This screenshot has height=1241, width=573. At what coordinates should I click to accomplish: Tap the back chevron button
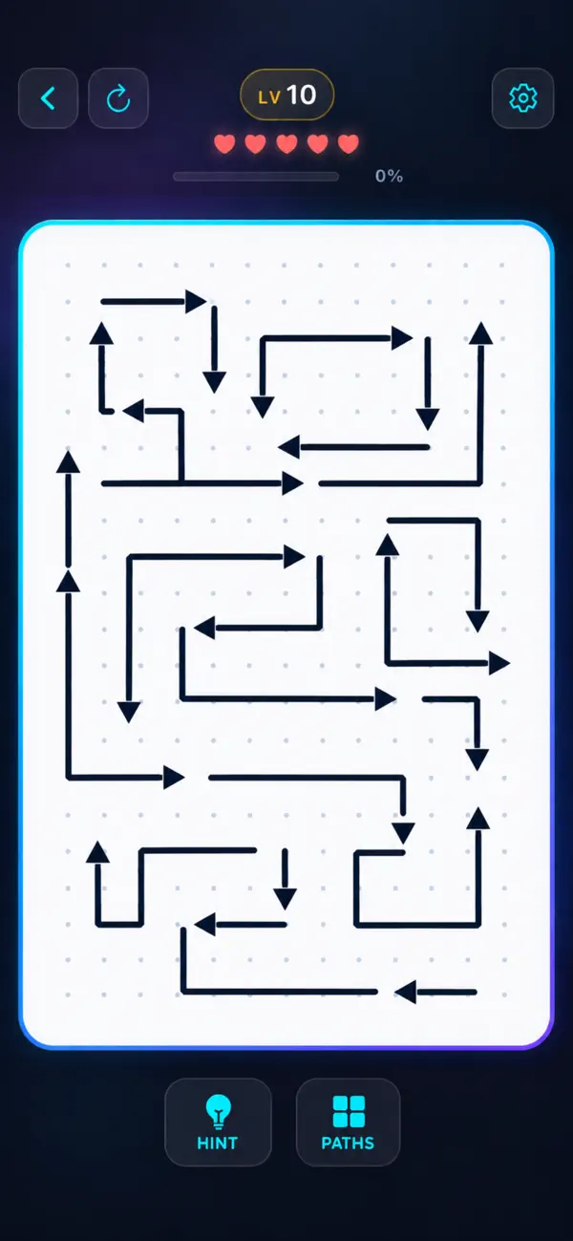pyautogui.click(x=48, y=98)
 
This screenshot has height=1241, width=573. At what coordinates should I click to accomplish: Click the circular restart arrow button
pyautogui.click(x=118, y=98)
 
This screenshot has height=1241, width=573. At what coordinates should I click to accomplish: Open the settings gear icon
pyautogui.click(x=522, y=98)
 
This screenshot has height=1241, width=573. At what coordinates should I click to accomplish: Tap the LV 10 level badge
pyautogui.click(x=286, y=95)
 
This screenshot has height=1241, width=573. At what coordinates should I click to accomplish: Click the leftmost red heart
pyautogui.click(x=224, y=143)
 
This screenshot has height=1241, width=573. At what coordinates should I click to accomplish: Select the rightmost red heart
pyautogui.click(x=349, y=143)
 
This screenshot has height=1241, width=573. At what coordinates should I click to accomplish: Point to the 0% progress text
pyautogui.click(x=389, y=176)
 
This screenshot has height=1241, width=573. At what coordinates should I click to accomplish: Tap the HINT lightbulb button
pyautogui.click(x=218, y=1122)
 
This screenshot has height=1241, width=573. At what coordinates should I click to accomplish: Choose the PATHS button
pyautogui.click(x=349, y=1122)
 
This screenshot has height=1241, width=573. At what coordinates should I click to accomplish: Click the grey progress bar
pyautogui.click(x=256, y=177)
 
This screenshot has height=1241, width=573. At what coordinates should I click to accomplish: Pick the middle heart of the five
pyautogui.click(x=286, y=143)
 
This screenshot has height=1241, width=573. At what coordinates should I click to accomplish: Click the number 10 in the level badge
pyautogui.click(x=302, y=95)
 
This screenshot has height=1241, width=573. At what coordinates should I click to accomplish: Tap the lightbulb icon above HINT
pyautogui.click(x=218, y=1111)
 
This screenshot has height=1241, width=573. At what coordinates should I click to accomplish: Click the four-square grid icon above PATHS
pyautogui.click(x=349, y=1111)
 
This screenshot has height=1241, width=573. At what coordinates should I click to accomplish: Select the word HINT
pyautogui.click(x=218, y=1143)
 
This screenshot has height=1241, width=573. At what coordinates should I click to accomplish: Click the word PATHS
pyautogui.click(x=349, y=1143)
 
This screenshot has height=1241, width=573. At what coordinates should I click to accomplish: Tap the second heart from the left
pyautogui.click(x=255, y=143)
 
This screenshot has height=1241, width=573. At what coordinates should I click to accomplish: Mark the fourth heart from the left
pyautogui.click(x=318, y=143)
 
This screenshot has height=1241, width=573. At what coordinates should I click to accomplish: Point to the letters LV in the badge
pyautogui.click(x=269, y=97)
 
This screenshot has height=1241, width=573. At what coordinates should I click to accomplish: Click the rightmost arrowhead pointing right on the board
pyautogui.click(x=499, y=663)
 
